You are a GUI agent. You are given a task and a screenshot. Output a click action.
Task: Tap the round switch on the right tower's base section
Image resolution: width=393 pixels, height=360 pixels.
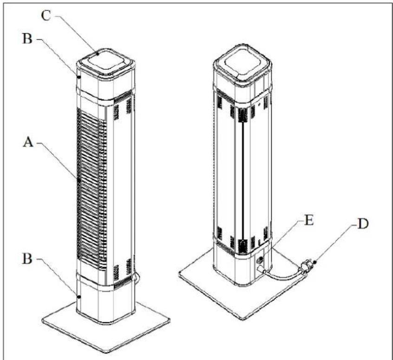pyautogui.click(x=261, y=261)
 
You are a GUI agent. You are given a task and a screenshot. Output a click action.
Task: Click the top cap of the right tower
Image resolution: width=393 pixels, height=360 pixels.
pyautogui.click(x=242, y=60)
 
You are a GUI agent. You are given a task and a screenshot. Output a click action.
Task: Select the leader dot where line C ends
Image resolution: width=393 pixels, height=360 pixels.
pyautogui.click(x=98, y=53)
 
